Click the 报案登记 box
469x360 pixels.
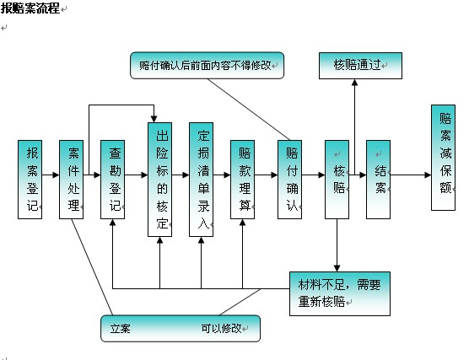pos(30,180)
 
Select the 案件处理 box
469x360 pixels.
pos(71,180)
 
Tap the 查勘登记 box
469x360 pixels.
pos(112,180)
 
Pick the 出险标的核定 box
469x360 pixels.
pos(159,180)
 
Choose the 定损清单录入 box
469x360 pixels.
pos(201,180)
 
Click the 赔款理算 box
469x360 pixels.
pos(242,180)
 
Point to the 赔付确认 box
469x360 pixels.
pos(289,180)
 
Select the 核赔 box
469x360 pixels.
pos(337,180)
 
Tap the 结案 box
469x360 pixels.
pos(378,180)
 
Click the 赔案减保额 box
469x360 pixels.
pos(443,158)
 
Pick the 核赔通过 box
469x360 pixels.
pos(360,66)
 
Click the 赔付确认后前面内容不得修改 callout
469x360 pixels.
pos(207,66)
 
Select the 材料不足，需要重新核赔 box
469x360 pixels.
pos(340,293)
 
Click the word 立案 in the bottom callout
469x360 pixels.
pos(121,329)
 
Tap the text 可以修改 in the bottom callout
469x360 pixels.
pos(221,328)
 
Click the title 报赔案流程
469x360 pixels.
pos(30,8)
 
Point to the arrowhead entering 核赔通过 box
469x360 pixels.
pos(354,83)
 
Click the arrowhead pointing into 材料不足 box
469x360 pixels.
pos(337,268)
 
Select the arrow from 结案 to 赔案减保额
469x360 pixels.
pos(411,175)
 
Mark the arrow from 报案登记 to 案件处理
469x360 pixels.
pos(51,175)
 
